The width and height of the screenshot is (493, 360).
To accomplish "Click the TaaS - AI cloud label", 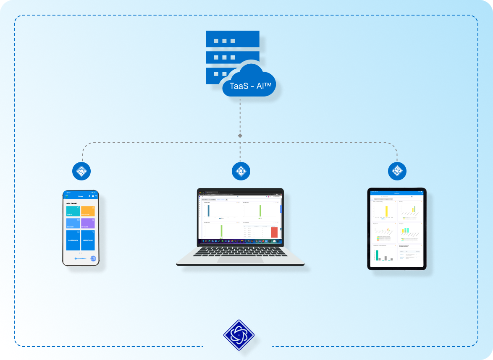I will coord(250,86).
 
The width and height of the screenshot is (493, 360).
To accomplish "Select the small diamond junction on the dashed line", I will coord(240,136).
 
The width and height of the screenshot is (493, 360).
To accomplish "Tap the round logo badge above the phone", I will coord(82,171).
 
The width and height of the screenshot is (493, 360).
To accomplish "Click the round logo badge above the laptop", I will coord(241,171).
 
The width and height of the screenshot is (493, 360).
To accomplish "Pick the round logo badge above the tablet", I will coord(397,171).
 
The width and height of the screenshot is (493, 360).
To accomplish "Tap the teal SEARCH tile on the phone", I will coord(73,211).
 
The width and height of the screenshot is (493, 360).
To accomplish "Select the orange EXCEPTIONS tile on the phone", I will coord(88,211).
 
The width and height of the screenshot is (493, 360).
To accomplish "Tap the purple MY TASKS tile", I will coord(88,223).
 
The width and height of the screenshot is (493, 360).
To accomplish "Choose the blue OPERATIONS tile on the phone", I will coord(88,240).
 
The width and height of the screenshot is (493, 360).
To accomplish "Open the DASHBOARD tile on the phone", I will coord(73,240).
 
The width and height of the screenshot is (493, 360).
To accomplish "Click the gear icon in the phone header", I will coord(93,196).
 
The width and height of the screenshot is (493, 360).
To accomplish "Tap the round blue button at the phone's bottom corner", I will coord(93,258).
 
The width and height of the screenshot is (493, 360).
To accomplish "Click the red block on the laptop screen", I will coord(274,232).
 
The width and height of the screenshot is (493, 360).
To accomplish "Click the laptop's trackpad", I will coord(240,260).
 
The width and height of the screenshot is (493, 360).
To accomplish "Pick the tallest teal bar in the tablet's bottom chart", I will coord(377,255).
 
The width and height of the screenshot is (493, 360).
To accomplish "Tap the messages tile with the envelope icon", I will coord(73,223).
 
